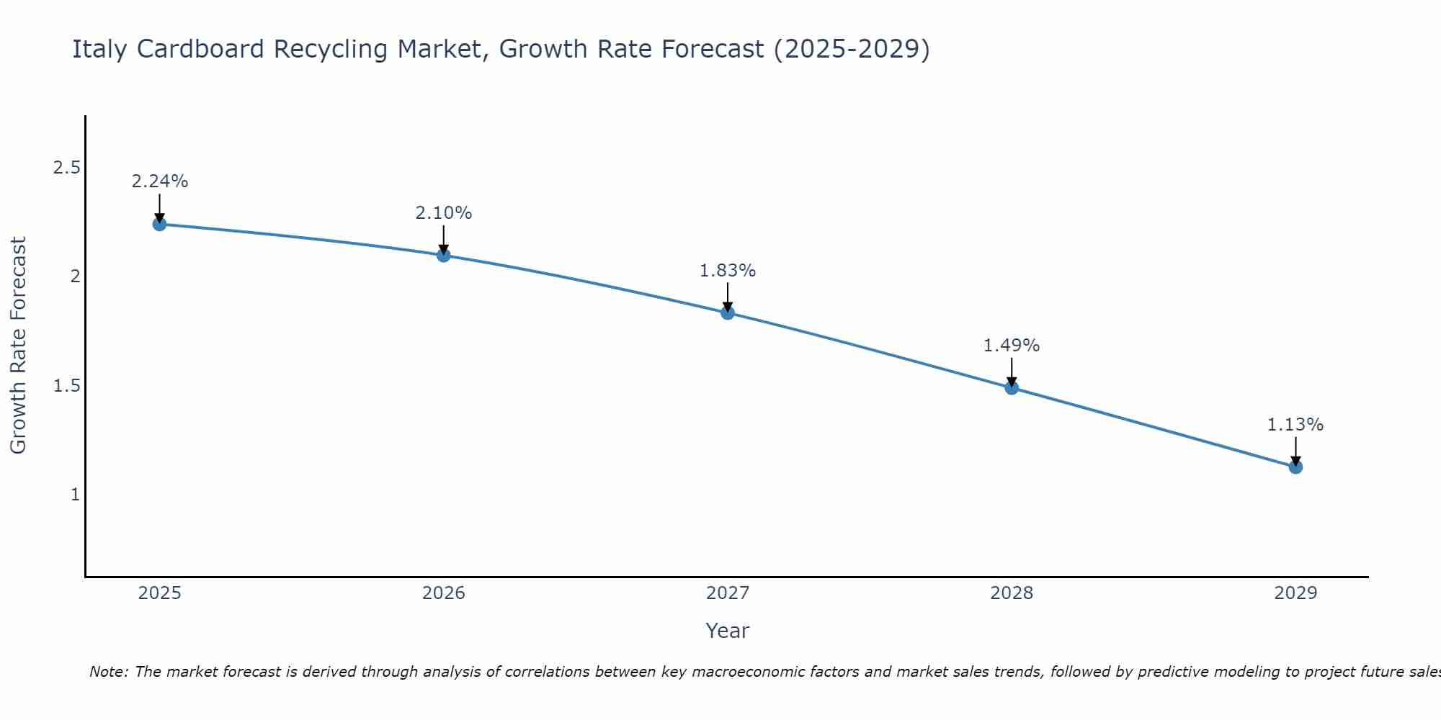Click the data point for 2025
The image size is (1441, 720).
(159, 224)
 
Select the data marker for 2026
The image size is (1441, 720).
(444, 255)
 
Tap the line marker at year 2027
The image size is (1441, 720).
(728, 312)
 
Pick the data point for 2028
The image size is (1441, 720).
(1012, 387)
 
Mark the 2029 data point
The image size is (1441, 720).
(1295, 467)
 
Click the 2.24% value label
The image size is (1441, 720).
(159, 181)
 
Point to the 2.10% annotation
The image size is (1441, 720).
(444, 213)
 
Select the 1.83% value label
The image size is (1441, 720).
(728, 271)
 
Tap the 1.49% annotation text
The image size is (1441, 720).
(1012, 346)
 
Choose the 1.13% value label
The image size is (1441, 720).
(1295, 425)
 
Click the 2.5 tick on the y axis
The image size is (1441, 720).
(66, 168)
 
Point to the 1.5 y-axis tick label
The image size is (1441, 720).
(66, 386)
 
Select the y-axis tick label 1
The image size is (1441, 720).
(75, 495)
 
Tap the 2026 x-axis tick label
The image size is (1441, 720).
(444, 593)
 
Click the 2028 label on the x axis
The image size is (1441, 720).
(1012, 593)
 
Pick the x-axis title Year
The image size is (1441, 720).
(728, 631)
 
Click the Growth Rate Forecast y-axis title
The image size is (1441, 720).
(18, 346)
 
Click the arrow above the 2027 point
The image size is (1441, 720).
(728, 297)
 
